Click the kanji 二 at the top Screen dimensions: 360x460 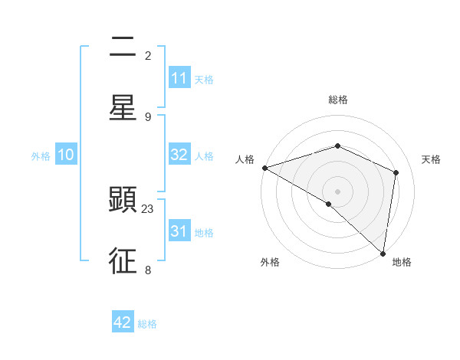point(123,47)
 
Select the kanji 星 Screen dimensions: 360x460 point(123,108)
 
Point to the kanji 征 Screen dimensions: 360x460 point(123,260)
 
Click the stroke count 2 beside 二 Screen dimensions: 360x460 point(148,56)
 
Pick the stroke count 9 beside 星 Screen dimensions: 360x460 point(148,116)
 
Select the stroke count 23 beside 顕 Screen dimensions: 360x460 point(148,208)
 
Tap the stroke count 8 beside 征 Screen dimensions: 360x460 point(148,270)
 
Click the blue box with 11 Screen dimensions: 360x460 point(179,78)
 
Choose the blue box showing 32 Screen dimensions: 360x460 point(179,155)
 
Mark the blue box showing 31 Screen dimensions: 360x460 point(179,231)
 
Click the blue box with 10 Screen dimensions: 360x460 point(66,155)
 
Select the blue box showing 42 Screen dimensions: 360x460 point(123,322)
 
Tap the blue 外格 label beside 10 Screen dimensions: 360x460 point(41,155)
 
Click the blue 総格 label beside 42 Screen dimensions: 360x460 point(147,324)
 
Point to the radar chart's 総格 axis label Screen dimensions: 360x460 point(337,100)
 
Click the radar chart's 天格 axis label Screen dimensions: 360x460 point(432,159)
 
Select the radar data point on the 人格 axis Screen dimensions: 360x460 point(264,168)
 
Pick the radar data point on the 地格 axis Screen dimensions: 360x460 point(383,253)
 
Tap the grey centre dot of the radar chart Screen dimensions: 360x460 point(337,191)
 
